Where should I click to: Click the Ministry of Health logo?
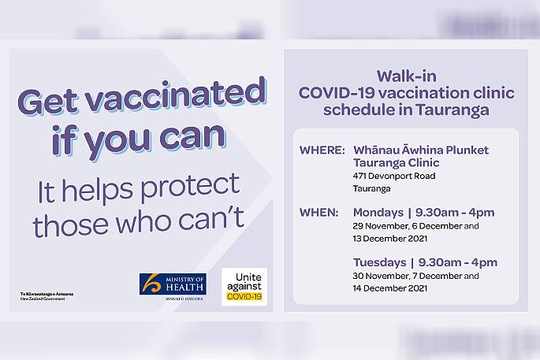tap(173, 287)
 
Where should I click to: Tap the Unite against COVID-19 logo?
tap(244, 287)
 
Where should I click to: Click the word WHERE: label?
tap(322, 150)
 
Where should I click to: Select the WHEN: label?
tap(319, 213)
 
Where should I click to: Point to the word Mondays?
tap(378, 213)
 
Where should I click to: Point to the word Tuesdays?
tap(379, 262)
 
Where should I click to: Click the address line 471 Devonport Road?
tap(394, 176)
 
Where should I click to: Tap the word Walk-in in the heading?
tap(406, 76)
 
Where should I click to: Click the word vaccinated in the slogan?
tap(176, 94)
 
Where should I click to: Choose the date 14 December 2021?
tap(390, 288)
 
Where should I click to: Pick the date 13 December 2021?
tap(390, 239)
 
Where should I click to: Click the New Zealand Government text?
tap(43, 299)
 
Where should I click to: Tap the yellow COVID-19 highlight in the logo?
tap(244, 296)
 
